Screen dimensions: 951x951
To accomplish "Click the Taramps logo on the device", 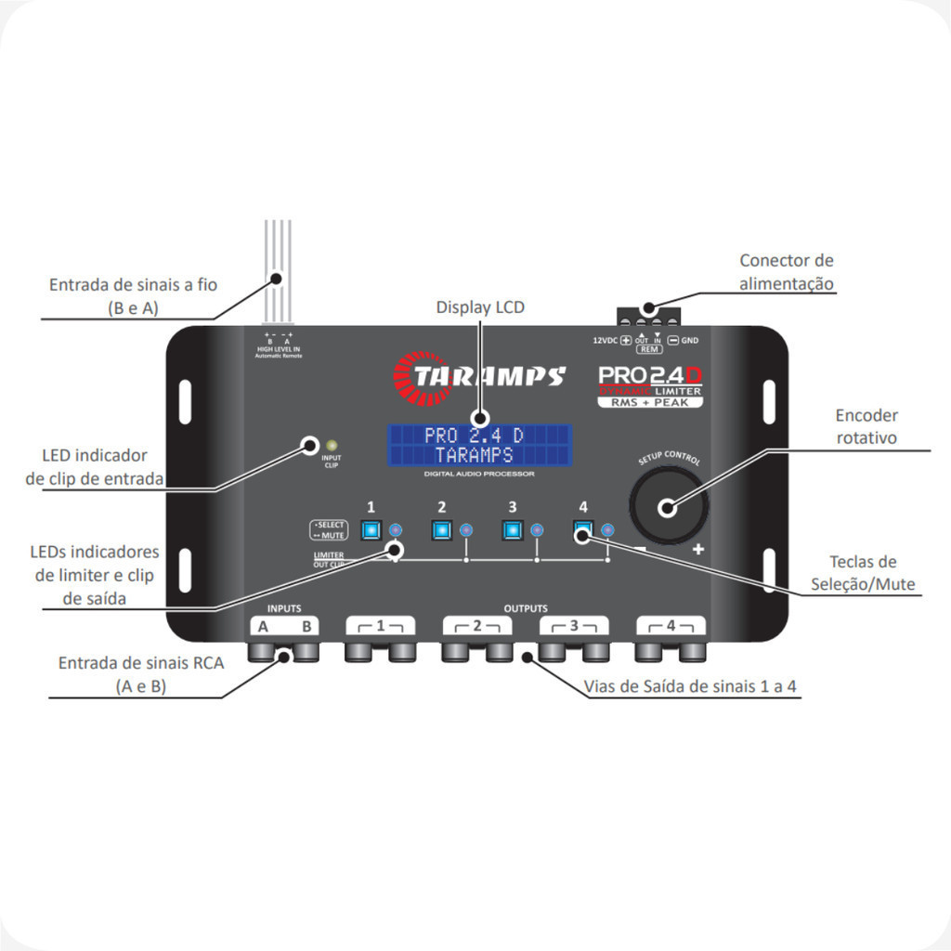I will pyautogui.click(x=479, y=375).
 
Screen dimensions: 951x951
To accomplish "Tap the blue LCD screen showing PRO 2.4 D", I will pyautogui.click(x=479, y=447).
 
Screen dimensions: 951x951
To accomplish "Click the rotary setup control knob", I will pyautogui.click(x=669, y=506).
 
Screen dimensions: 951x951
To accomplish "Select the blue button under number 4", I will pyautogui.click(x=583, y=530).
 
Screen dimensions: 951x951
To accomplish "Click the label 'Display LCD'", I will pyautogui.click(x=480, y=307).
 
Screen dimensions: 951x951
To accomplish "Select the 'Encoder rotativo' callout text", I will pyautogui.click(x=866, y=426).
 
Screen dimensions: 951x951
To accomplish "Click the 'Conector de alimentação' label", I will pyautogui.click(x=786, y=272).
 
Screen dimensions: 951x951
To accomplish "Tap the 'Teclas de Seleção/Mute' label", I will pyautogui.click(x=863, y=573).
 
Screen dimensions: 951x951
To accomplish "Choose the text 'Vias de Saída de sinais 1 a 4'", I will pyautogui.click(x=691, y=687).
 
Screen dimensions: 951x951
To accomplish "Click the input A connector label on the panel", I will pyautogui.click(x=264, y=627).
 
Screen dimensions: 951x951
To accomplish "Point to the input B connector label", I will pyautogui.click(x=306, y=627).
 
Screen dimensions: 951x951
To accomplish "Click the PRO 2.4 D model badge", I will pyautogui.click(x=649, y=383).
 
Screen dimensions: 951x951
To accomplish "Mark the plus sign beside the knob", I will pyautogui.click(x=698, y=550).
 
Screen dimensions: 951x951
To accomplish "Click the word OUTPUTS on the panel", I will pyautogui.click(x=526, y=608).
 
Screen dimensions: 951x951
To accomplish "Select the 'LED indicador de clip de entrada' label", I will pyautogui.click(x=95, y=467).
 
